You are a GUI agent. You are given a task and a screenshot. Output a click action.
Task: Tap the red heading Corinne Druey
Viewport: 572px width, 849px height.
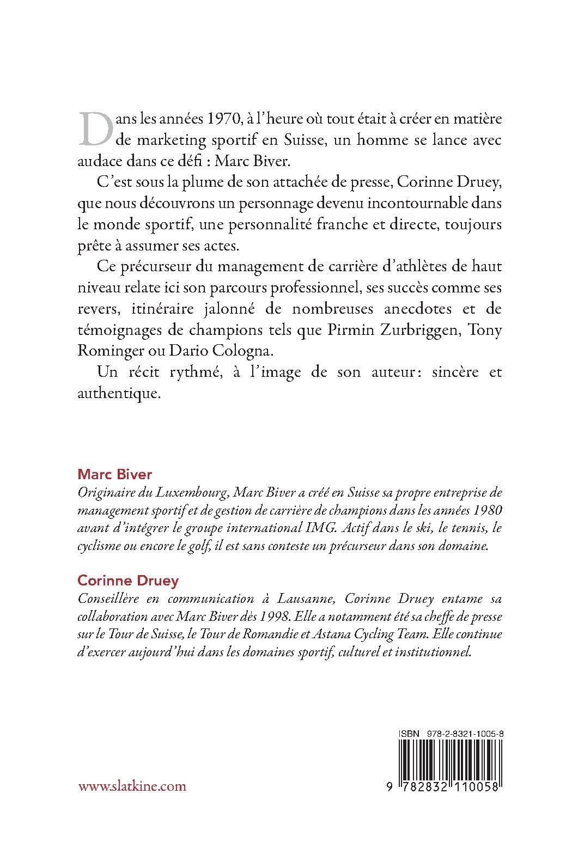tap(128, 581)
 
